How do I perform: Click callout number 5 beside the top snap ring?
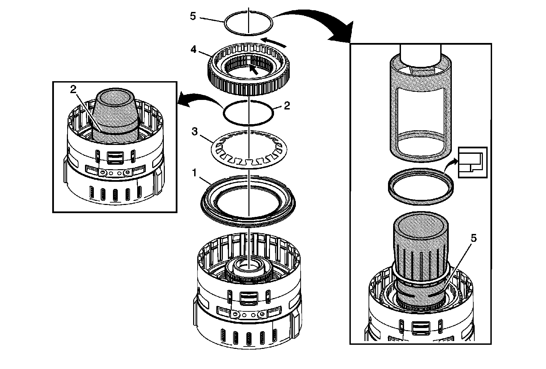pos(193,16)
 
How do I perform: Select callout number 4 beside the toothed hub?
pos(193,50)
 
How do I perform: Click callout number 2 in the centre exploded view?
pos(287,106)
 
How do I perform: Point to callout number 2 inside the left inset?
pos(73,90)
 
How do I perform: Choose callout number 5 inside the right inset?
pos(473,238)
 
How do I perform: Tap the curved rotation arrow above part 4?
pos(276,42)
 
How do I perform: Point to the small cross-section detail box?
pos(472,162)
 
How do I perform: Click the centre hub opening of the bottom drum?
pos(249,265)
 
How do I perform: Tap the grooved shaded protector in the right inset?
pos(420,259)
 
